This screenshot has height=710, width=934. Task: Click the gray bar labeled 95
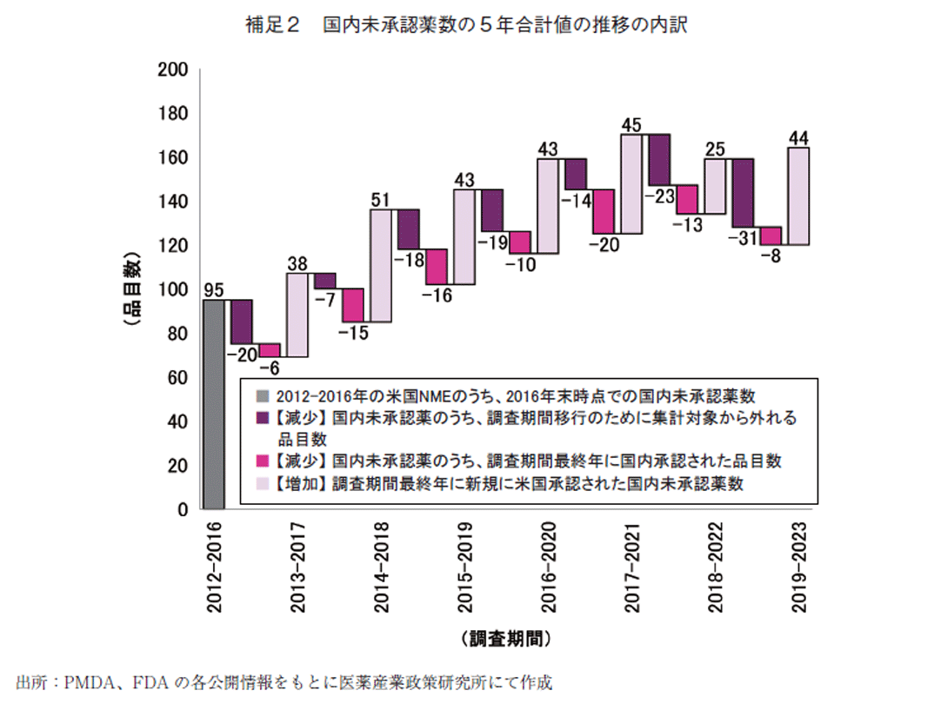(214, 404)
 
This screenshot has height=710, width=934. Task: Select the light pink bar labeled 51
(381, 265)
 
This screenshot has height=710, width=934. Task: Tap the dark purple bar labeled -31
(743, 193)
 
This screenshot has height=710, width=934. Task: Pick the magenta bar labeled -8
(771, 236)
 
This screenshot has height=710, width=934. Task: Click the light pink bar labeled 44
(798, 196)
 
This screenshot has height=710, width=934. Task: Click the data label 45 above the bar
(632, 124)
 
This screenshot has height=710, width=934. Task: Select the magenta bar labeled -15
(353, 305)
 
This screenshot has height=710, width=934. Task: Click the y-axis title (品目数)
(131, 289)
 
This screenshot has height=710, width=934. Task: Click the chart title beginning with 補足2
(467, 25)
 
